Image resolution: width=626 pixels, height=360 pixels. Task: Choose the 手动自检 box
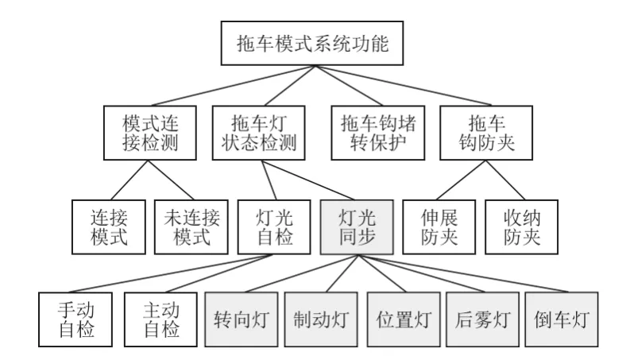pyautogui.click(x=75, y=319)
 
